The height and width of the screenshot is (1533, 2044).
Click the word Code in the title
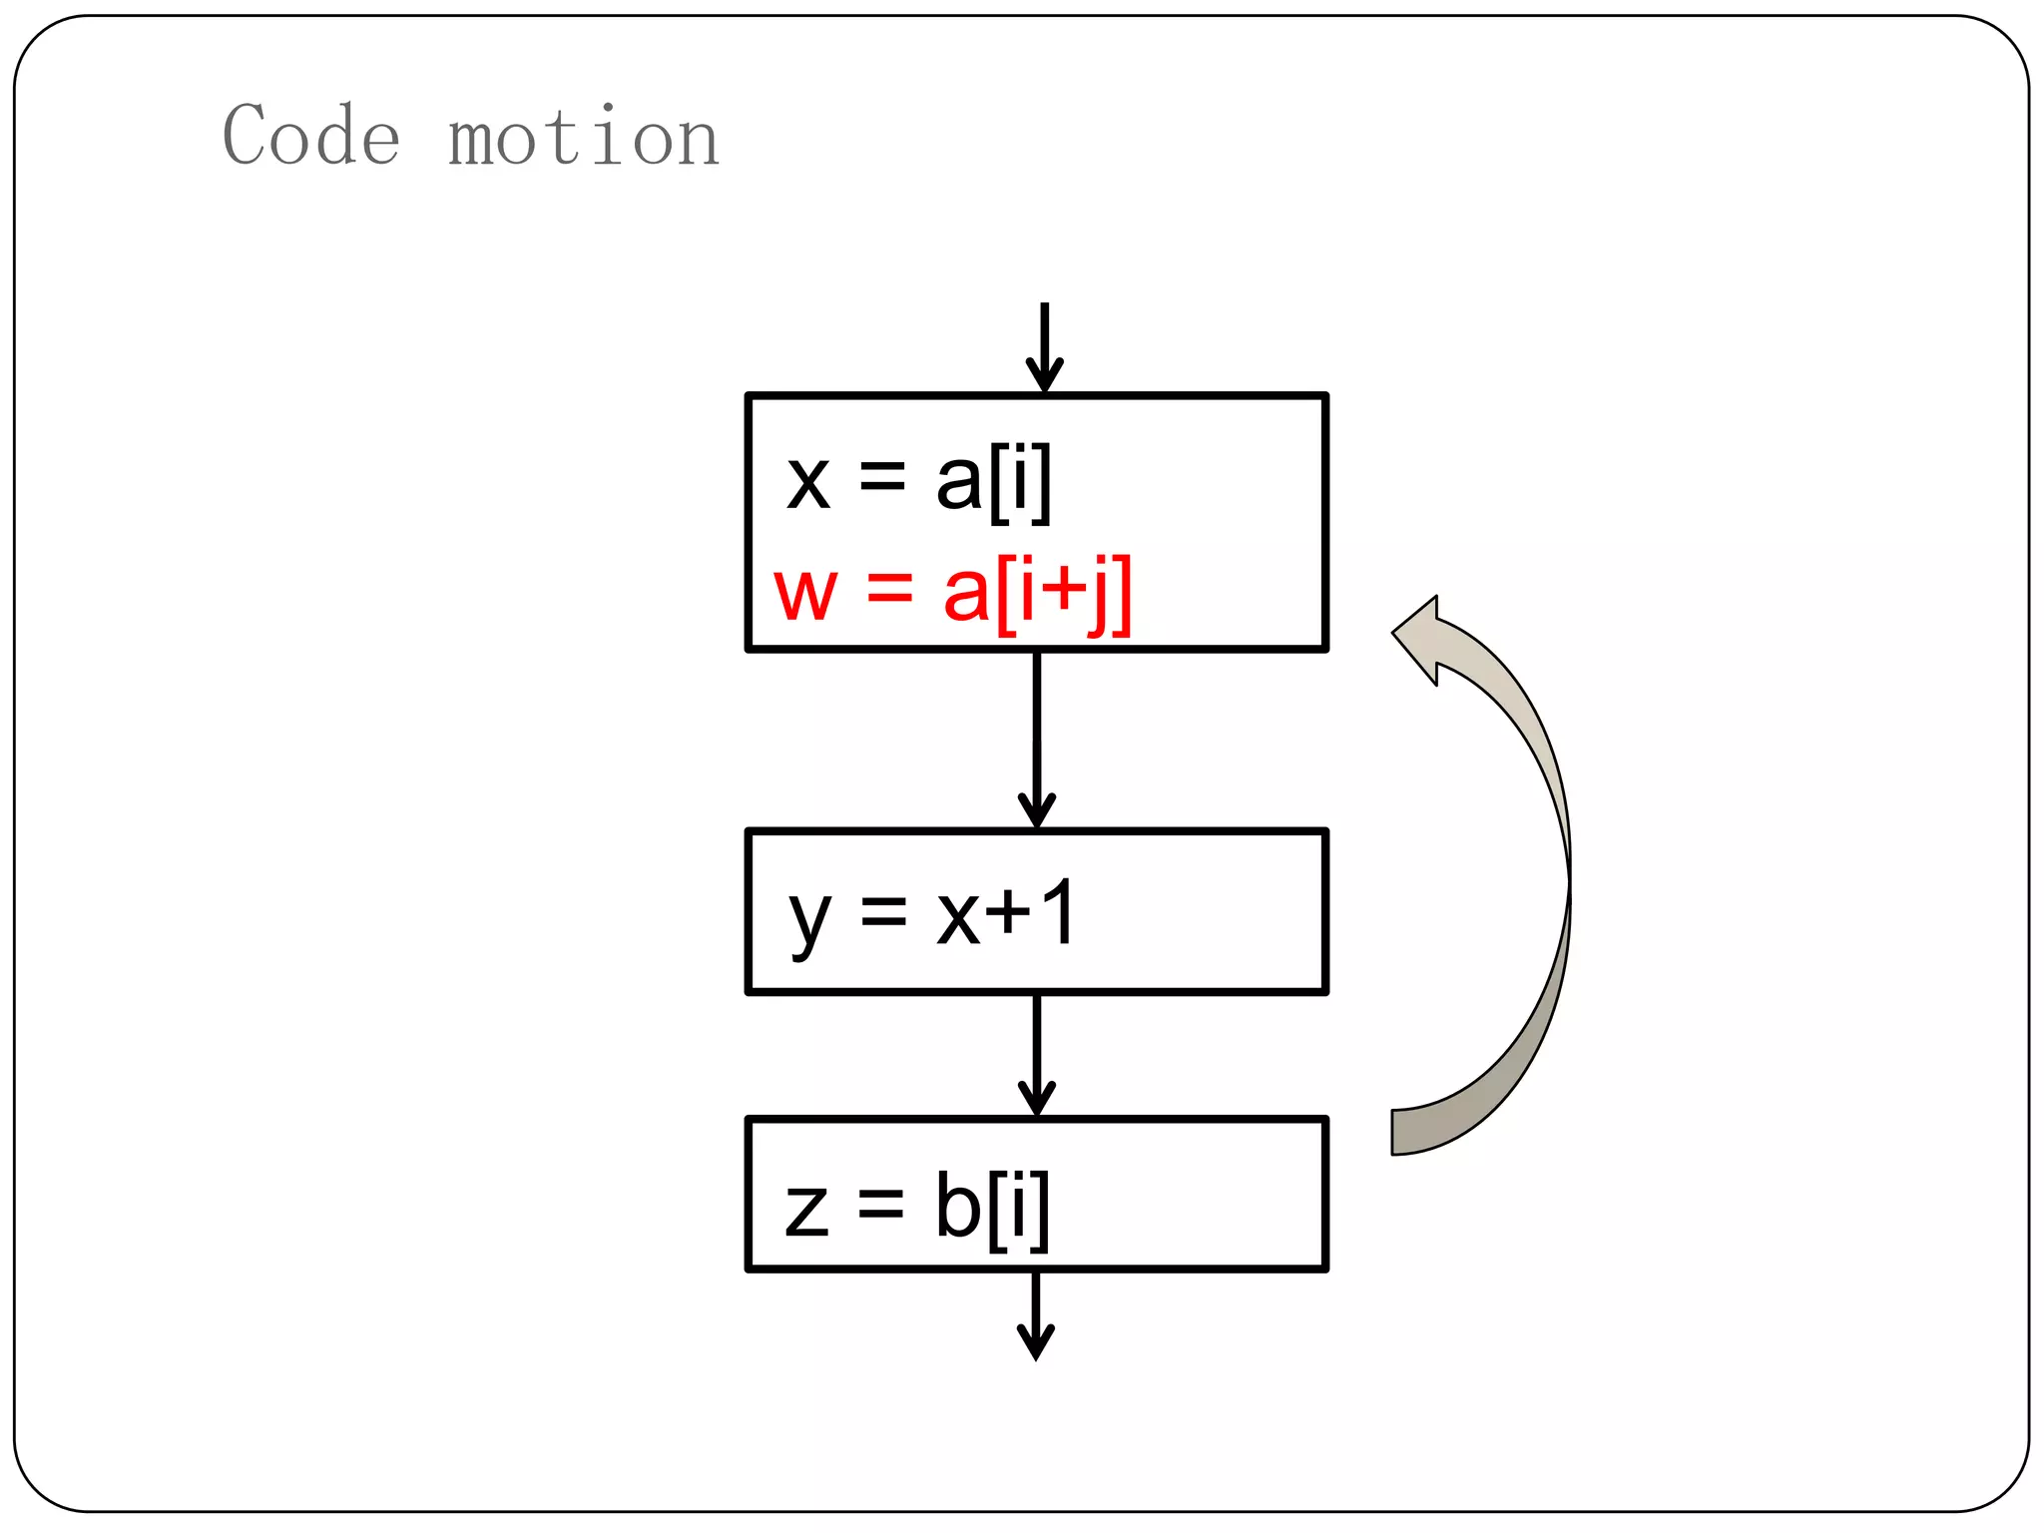pyautogui.click(x=311, y=136)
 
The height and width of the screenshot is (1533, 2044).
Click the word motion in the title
pyautogui.click(x=584, y=138)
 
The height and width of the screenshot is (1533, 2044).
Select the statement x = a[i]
pyautogui.click(x=918, y=482)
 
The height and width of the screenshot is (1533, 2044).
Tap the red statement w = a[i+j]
pyautogui.click(x=953, y=593)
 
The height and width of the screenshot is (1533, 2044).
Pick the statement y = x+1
pyautogui.click(x=931, y=914)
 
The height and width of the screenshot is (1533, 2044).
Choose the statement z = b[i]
pyautogui.click(x=917, y=1206)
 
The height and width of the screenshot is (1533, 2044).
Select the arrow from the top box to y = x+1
pyautogui.click(x=1037, y=739)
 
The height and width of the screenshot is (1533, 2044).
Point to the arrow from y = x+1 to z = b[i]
pyautogui.click(x=1037, y=1054)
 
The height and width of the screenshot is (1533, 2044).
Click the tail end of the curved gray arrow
pyautogui.click(x=1395, y=1132)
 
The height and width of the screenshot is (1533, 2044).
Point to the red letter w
pyautogui.click(x=804, y=595)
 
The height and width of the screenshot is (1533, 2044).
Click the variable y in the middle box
pyautogui.click(x=810, y=920)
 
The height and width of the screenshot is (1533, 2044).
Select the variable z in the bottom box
pyautogui.click(x=806, y=1210)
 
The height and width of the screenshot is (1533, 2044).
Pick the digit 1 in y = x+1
pyautogui.click(x=1056, y=912)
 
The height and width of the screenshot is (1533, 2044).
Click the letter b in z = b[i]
pyautogui.click(x=958, y=1204)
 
